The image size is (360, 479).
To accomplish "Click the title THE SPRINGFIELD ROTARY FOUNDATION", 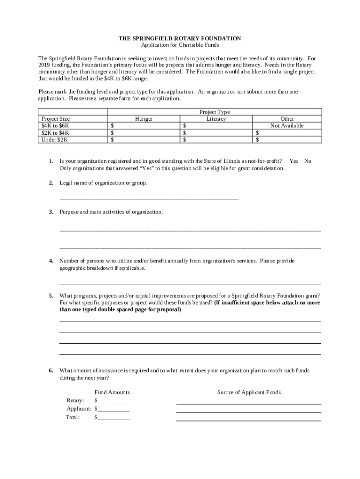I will (x=180, y=38).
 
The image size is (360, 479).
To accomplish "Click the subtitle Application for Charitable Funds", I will (x=180, y=45).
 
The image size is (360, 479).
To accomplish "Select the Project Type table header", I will (x=215, y=112).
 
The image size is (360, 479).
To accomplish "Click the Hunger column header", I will (x=144, y=119).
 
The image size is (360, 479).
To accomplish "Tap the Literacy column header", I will (x=216, y=119).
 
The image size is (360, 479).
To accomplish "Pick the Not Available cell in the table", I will (x=287, y=125).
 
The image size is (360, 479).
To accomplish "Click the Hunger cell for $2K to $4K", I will (x=144, y=133).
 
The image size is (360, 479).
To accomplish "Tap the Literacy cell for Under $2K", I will (x=216, y=139).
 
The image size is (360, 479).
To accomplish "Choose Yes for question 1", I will (x=294, y=161).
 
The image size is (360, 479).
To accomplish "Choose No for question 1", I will (x=308, y=161).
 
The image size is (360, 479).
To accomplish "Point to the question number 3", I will (x=51, y=212).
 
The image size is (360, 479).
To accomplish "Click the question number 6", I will (x=51, y=371).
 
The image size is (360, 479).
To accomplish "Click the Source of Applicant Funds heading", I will (x=249, y=392).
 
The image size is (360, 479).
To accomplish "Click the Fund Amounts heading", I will (x=112, y=392).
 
